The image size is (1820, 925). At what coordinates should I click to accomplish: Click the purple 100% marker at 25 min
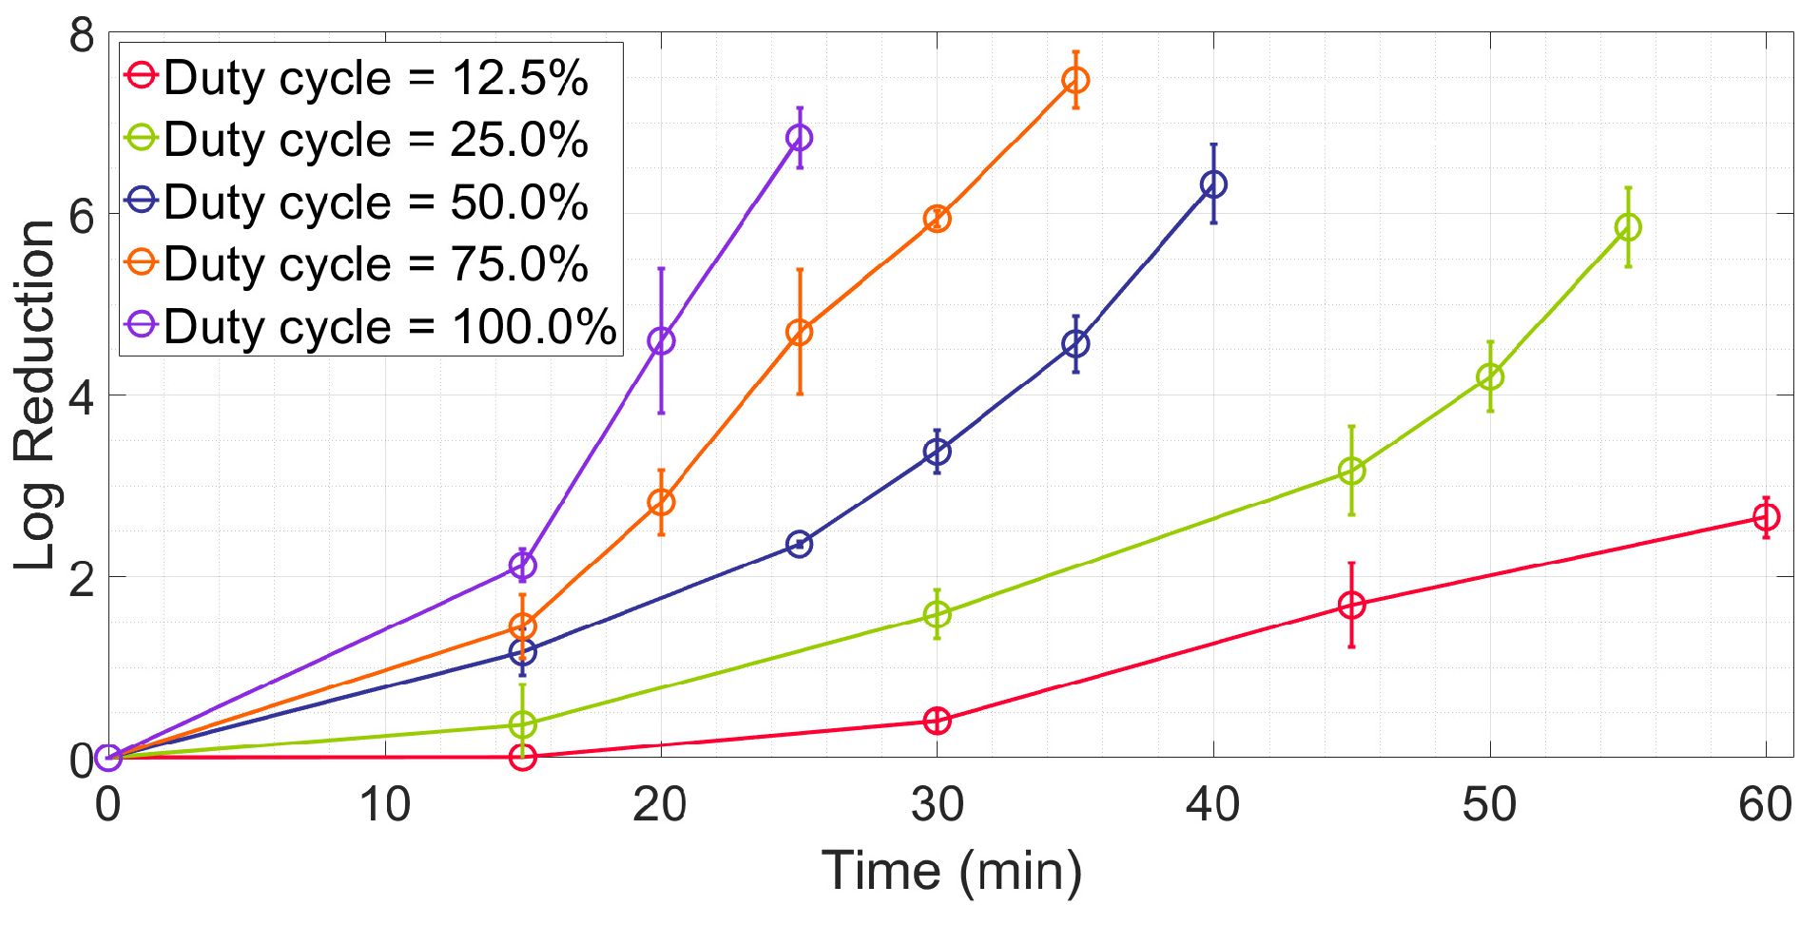coord(799,138)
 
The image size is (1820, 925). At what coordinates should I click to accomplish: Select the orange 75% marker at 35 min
coord(1075,80)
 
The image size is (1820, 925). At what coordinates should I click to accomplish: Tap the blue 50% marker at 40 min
coord(1213,184)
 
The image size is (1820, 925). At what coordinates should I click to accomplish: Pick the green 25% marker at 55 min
coord(1628,227)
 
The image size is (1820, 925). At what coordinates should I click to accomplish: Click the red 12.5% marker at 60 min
coord(1766,517)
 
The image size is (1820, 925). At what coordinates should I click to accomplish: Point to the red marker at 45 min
coord(1351,606)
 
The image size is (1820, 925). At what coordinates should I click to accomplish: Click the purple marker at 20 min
coord(661,340)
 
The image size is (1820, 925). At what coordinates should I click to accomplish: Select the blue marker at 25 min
coord(799,545)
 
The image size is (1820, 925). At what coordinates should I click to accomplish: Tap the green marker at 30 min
coord(937,615)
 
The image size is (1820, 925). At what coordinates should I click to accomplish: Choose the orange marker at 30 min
coord(937,219)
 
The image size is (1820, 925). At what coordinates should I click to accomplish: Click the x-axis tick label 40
coord(1212,805)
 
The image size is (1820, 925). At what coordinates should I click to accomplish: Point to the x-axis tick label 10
coord(384,805)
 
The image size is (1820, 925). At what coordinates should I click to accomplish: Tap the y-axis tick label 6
coord(83,216)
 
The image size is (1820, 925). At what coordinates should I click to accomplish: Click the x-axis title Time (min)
coord(951,871)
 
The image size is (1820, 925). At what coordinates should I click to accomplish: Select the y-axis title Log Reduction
coord(36,395)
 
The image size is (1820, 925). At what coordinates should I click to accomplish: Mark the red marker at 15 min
coord(522,758)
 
